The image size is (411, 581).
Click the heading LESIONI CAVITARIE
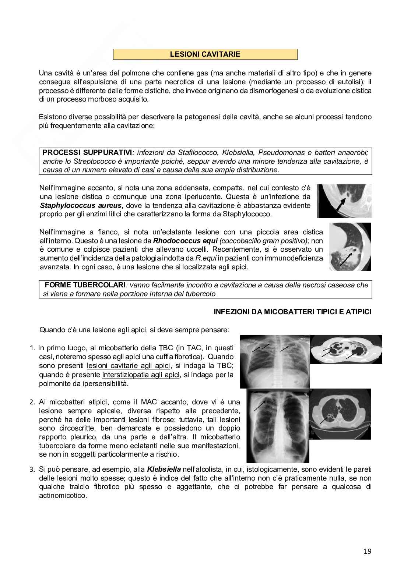click(x=205, y=54)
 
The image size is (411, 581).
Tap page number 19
click(x=367, y=551)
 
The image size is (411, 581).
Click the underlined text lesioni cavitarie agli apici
click(x=129, y=366)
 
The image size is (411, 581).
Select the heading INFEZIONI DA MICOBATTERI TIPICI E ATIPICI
click(x=292, y=312)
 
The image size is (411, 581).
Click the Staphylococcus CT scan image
click(x=344, y=201)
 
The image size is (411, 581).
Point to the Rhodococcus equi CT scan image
click(x=350, y=247)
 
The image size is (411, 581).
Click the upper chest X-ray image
click(x=274, y=361)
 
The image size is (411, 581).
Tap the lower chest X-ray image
click(x=278, y=426)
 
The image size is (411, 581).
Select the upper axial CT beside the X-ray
click(x=346, y=349)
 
